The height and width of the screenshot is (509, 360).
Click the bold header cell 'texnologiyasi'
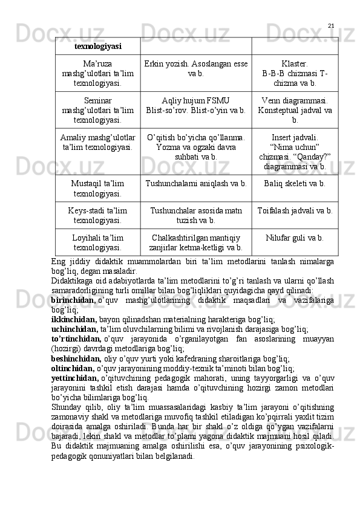(97, 46)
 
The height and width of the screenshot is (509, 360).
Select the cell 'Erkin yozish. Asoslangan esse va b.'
(195, 68)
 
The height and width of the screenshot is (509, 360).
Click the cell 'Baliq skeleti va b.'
(294, 183)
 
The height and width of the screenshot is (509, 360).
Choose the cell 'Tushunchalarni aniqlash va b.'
(195, 183)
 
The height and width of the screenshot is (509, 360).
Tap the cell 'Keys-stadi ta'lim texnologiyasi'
(97, 215)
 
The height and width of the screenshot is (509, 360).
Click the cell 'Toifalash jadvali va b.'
(294, 210)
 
